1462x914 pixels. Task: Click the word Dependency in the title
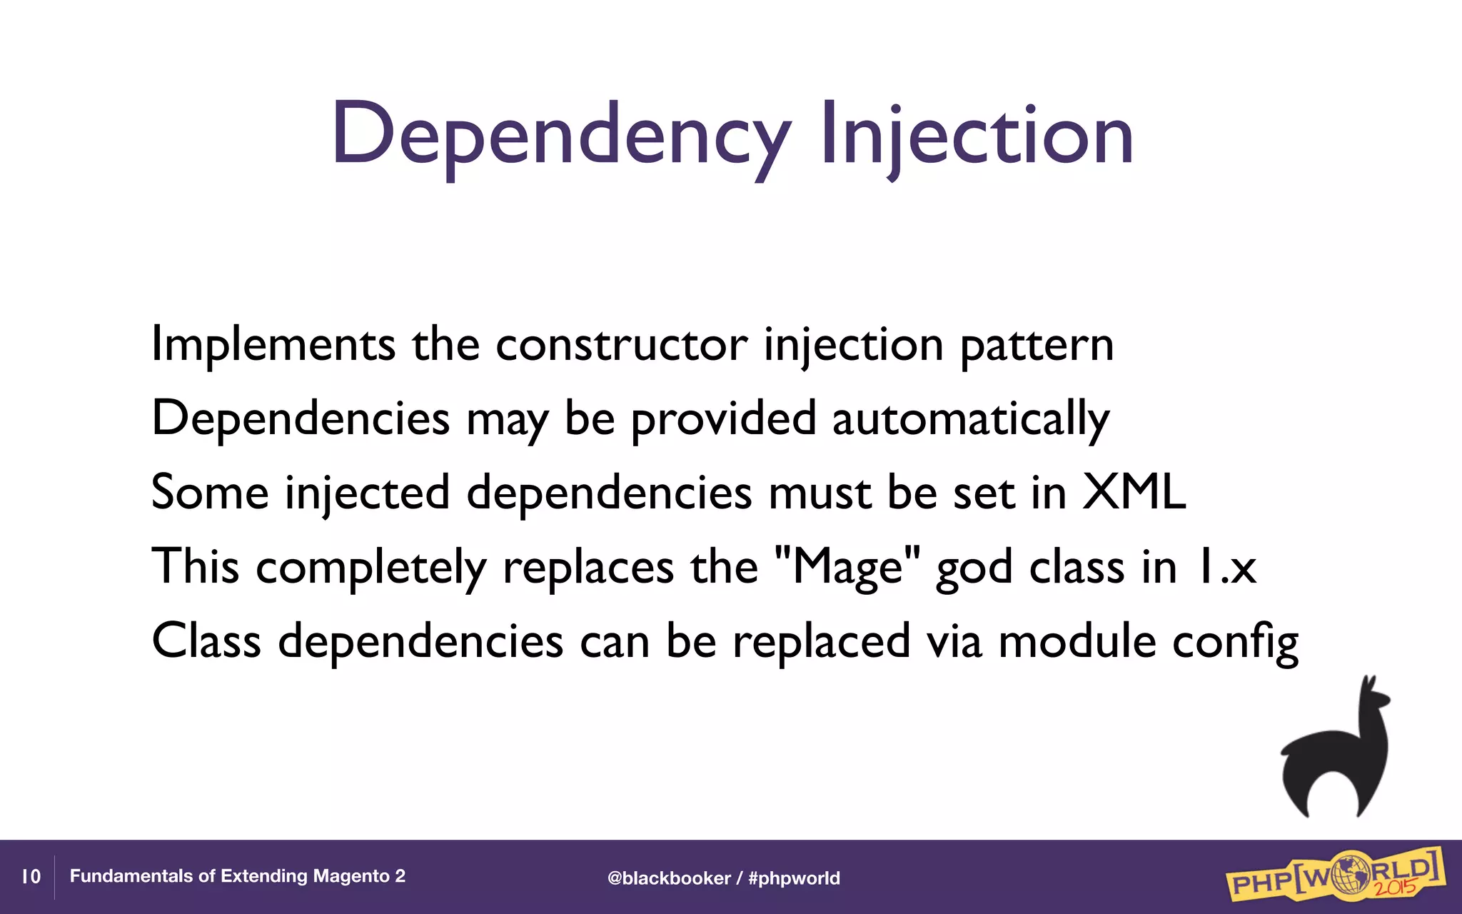(560, 136)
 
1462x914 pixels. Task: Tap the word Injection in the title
(977, 136)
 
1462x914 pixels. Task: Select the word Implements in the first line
(273, 346)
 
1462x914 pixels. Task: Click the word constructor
(621, 346)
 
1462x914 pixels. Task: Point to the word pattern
(1036, 346)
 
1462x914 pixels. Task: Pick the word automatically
(971, 420)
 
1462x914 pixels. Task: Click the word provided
(722, 420)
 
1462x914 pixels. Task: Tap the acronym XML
(1134, 493)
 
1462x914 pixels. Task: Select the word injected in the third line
(368, 493)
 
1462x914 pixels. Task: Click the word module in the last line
(1077, 641)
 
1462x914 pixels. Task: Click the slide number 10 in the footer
(31, 877)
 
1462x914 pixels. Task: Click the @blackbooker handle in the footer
(669, 878)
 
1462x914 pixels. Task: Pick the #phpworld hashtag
(794, 878)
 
